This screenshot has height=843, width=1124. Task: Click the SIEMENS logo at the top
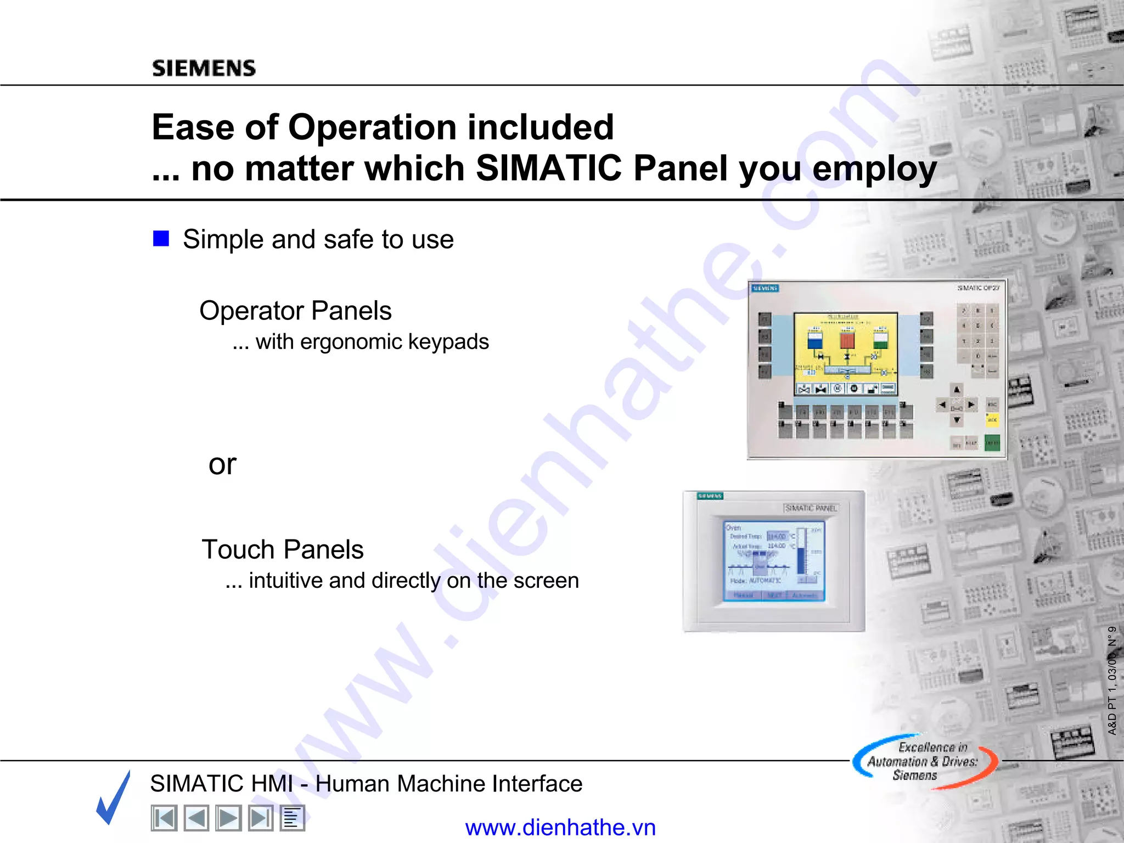(204, 68)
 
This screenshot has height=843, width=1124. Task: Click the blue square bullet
(161, 239)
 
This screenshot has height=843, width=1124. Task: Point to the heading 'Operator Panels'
(295, 311)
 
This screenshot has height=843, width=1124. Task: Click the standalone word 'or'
(222, 464)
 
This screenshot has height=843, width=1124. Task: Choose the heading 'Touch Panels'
(283, 549)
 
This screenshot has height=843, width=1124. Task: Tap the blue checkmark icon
(114, 797)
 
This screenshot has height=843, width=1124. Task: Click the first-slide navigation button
(164, 818)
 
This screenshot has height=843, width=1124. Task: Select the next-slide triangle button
(228, 818)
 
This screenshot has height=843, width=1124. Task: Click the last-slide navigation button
(260, 818)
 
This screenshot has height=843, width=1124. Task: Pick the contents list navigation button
(292, 818)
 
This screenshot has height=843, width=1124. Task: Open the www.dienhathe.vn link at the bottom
(560, 828)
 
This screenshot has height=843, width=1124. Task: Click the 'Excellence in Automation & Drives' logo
(924, 761)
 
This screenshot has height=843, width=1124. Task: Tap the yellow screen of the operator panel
(846, 351)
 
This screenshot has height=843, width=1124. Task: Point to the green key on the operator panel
(992, 442)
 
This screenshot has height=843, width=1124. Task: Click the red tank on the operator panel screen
(847, 340)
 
